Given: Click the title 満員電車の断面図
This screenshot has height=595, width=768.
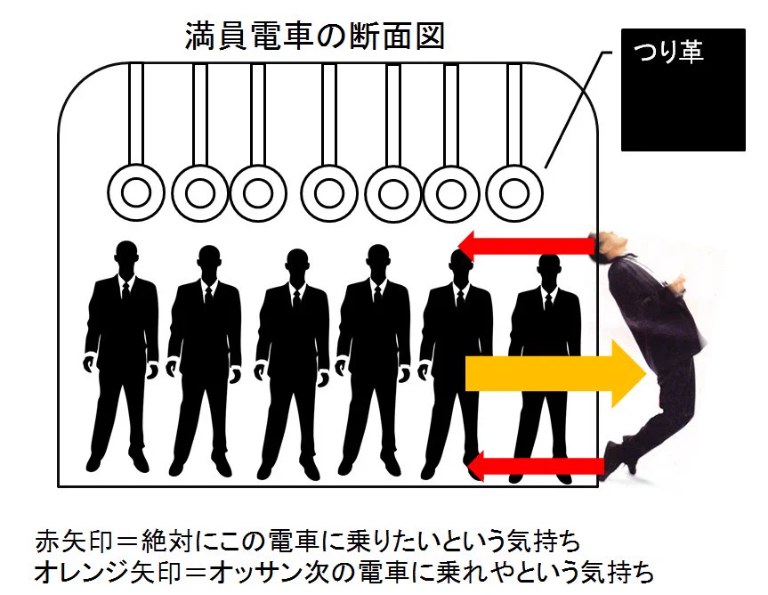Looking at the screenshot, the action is (x=314, y=37).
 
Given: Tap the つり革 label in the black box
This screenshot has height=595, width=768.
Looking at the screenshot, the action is (x=667, y=53).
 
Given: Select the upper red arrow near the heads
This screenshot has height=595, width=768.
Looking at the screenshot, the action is (x=526, y=243).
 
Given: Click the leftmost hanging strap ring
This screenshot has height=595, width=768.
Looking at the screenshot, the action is (x=135, y=192).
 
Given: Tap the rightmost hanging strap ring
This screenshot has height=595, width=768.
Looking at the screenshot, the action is (x=514, y=192).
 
